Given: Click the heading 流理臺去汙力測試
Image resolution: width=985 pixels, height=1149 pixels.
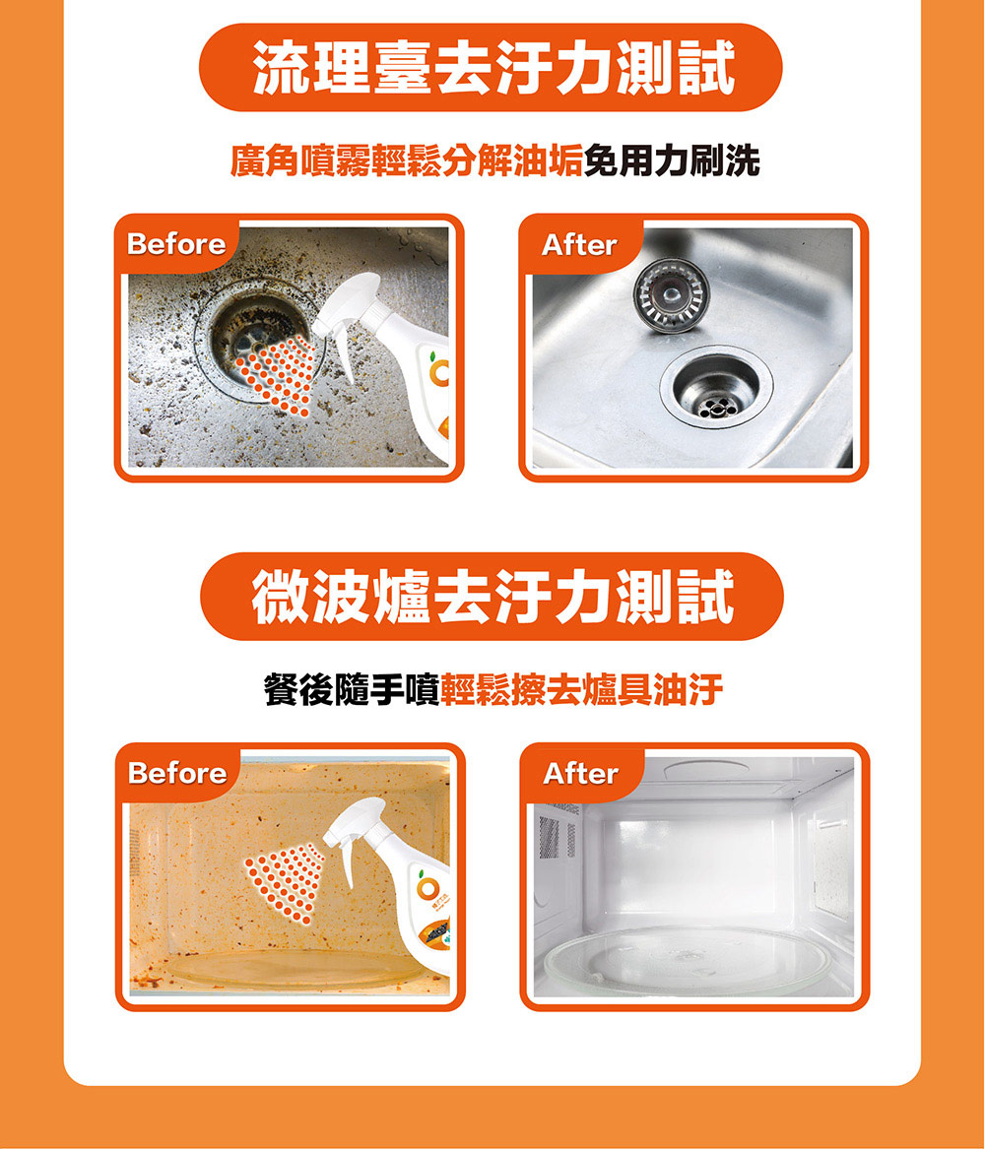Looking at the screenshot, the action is pyautogui.click(x=493, y=68).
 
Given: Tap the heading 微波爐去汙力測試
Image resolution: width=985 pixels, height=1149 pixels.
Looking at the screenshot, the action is pyautogui.click(x=493, y=597).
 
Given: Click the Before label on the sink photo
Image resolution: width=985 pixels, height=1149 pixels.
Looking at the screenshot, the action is pyautogui.click(x=176, y=244).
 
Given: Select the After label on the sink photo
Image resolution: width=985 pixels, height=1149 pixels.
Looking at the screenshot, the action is pyautogui.click(x=579, y=245).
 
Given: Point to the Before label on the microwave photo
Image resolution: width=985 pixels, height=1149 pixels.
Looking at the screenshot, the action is pyautogui.click(x=177, y=773).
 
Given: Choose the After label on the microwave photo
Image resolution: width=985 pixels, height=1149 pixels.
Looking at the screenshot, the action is pyautogui.click(x=580, y=774).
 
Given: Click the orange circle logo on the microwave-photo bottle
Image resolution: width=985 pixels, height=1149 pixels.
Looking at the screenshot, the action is pyautogui.click(x=428, y=887).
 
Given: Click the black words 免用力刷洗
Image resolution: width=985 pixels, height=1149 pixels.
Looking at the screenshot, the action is pyautogui.click(x=672, y=160).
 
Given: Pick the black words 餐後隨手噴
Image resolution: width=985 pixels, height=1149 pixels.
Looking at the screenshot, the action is pyautogui.click(x=351, y=689).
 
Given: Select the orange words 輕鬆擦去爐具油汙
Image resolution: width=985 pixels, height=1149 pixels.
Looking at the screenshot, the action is pyautogui.click(x=581, y=689).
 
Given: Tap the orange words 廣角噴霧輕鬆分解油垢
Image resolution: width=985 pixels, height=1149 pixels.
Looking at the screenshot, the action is pyautogui.click(x=407, y=160).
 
